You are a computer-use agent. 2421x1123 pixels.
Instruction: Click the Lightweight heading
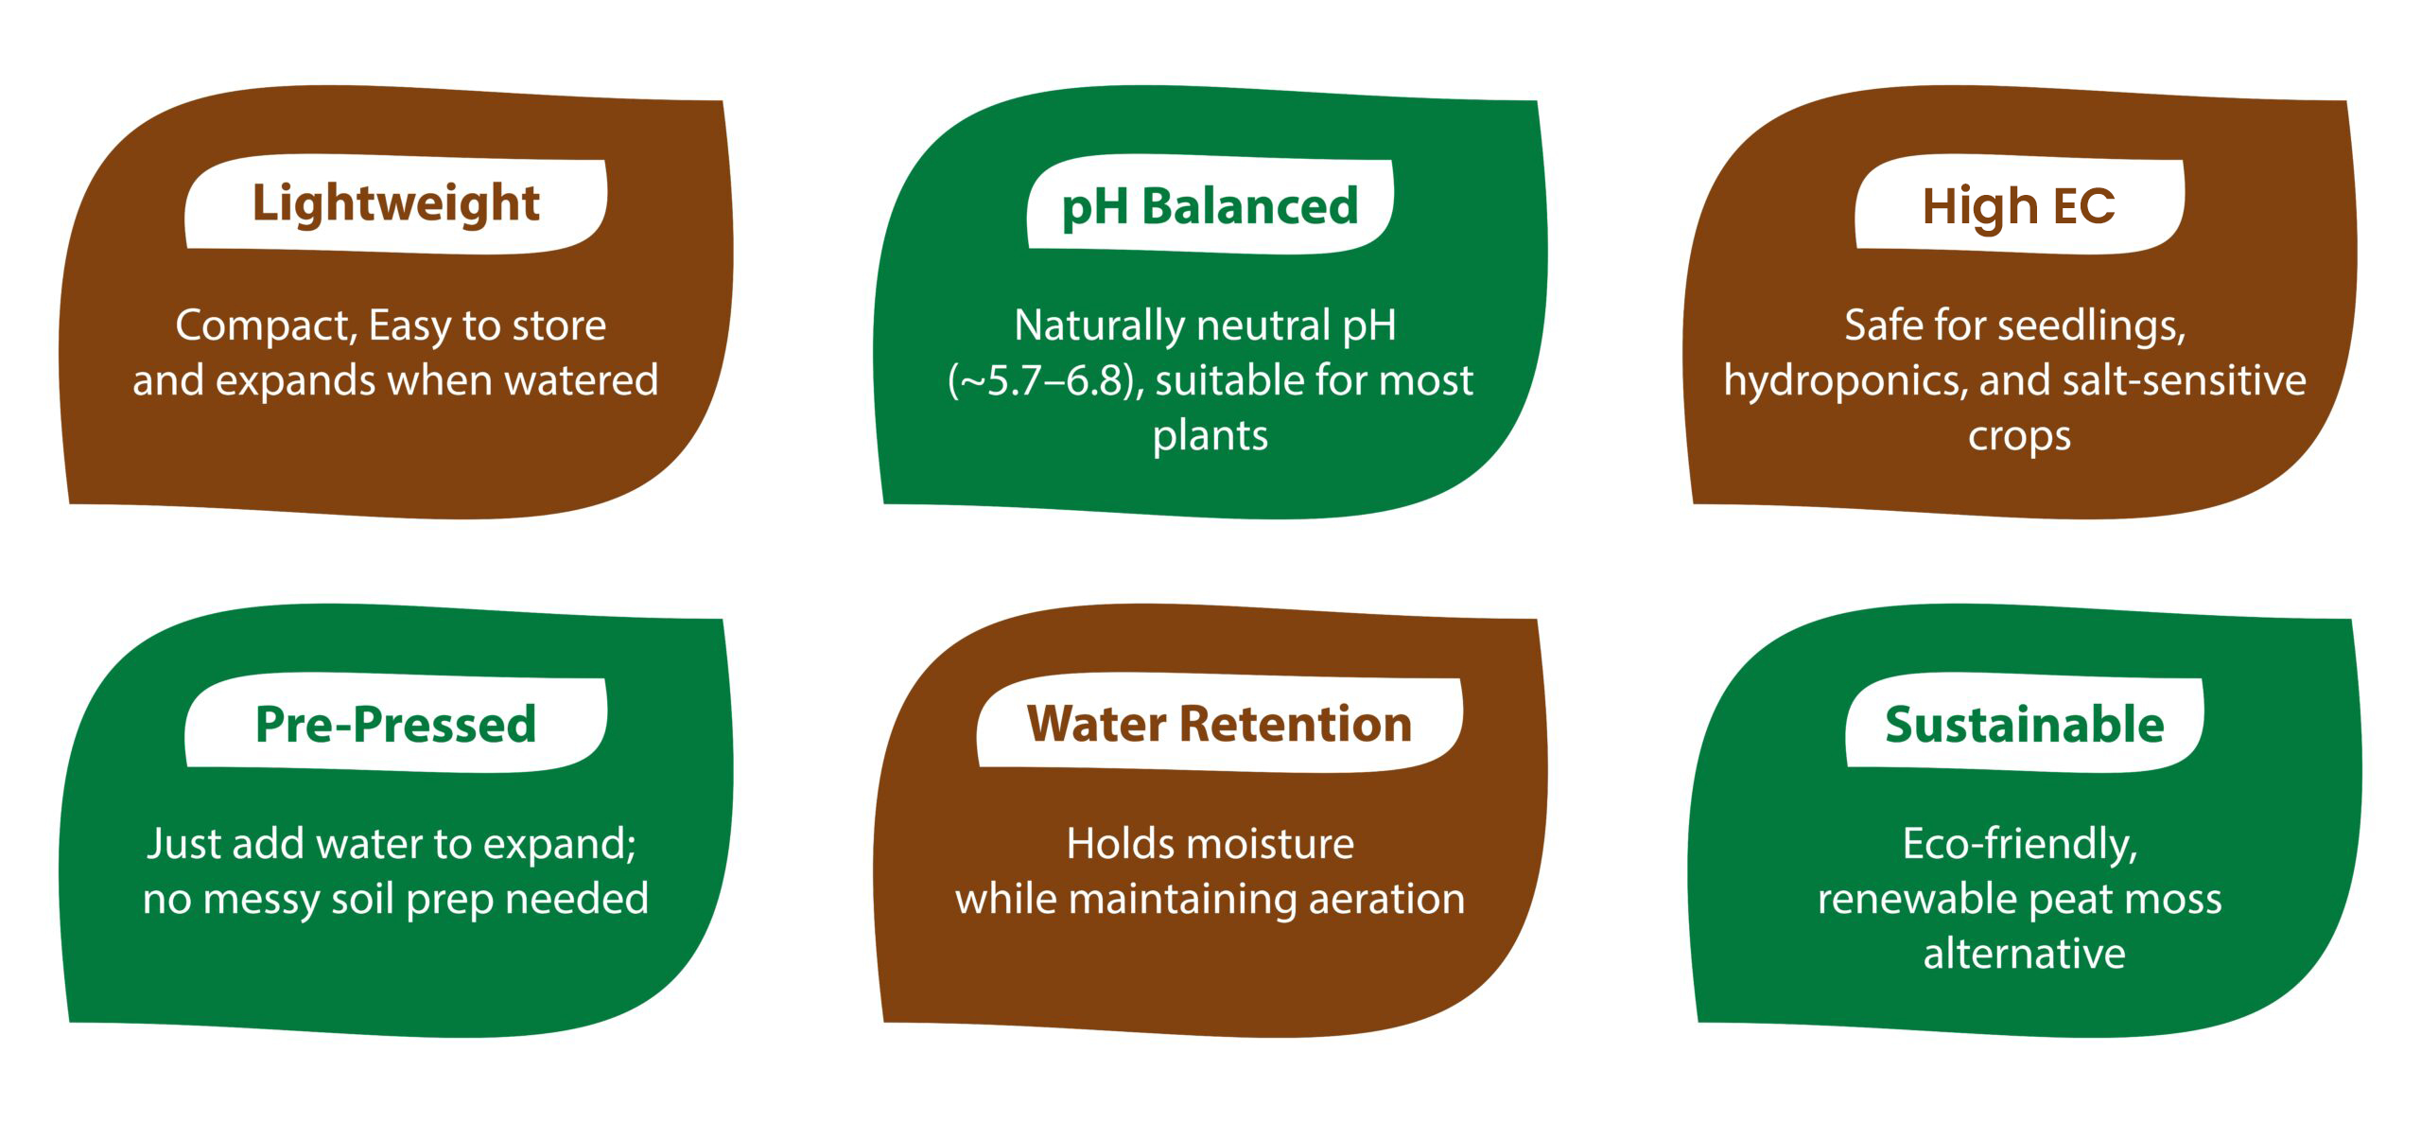click(x=395, y=204)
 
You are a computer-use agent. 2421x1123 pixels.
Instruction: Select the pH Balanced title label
click(x=1210, y=206)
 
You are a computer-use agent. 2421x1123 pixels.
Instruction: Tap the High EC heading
click(x=2018, y=205)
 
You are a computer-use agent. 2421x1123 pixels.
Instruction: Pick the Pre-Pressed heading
click(x=395, y=724)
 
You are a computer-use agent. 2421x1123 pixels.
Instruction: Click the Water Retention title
click(x=1219, y=724)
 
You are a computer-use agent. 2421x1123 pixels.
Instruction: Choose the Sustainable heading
click(x=2024, y=725)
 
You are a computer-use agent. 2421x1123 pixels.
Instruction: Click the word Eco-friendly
click(x=2019, y=845)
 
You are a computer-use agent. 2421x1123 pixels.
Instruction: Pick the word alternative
click(x=2024, y=954)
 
